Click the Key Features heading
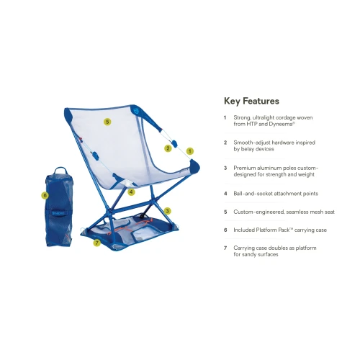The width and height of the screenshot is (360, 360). [251, 101]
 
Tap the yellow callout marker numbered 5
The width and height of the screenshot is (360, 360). [107, 122]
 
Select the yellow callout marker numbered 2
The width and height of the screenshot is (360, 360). [168, 148]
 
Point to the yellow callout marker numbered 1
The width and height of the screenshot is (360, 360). [190, 151]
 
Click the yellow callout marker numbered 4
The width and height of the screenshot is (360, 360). [131, 192]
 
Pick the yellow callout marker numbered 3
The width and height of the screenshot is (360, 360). [167, 211]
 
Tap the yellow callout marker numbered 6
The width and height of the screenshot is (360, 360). [45, 195]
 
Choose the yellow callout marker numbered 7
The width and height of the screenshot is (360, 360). [96, 243]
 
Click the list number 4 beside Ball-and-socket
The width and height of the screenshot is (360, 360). [225, 194]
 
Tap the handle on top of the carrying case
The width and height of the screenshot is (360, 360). [60, 171]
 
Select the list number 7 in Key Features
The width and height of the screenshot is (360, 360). [225, 248]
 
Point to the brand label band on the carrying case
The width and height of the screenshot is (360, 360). [58, 213]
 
